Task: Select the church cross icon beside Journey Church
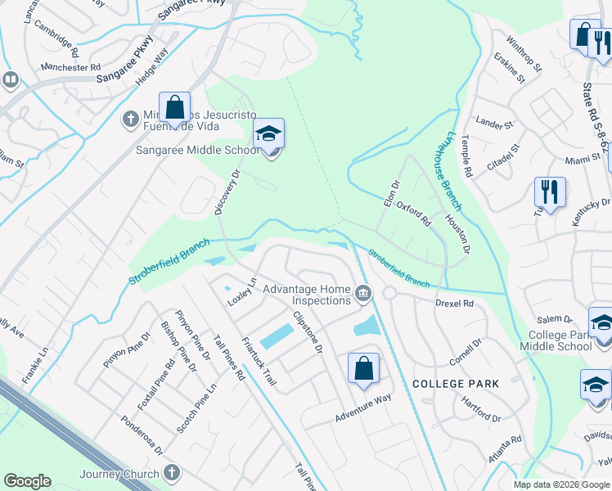click(x=171, y=472)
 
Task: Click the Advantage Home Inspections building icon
click(x=363, y=291)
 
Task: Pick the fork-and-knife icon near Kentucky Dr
click(x=550, y=192)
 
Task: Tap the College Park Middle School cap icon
click(x=601, y=322)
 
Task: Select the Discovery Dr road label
click(x=227, y=192)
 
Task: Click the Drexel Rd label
click(x=455, y=304)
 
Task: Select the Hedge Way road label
click(x=151, y=65)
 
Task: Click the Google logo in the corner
click(x=27, y=481)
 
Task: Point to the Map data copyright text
click(x=561, y=484)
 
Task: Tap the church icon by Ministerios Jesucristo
click(x=130, y=119)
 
